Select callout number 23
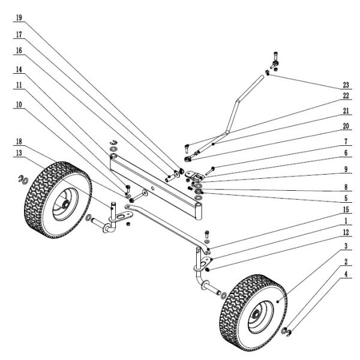(346, 84)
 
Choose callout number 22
(346, 95)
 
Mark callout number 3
(346, 247)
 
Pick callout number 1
(346, 221)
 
